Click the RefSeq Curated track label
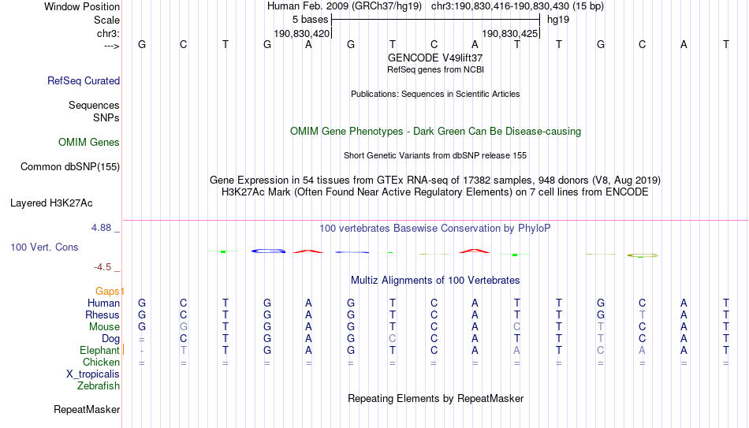point(84,80)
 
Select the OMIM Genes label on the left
point(89,143)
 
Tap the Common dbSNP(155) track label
point(70,167)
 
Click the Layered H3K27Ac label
point(51,203)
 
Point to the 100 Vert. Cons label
point(44,247)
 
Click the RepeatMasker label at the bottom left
point(87,409)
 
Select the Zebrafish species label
point(99,385)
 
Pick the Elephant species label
point(99,350)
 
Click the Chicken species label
point(101,362)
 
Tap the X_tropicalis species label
point(93,374)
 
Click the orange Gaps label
point(107,291)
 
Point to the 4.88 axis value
point(101,228)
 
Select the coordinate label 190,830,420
point(302,33)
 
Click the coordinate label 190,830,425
point(509,33)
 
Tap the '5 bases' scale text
point(311,20)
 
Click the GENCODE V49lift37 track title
point(435,58)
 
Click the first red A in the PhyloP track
point(308,251)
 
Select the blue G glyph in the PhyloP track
point(268,251)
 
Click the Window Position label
point(82,6)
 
